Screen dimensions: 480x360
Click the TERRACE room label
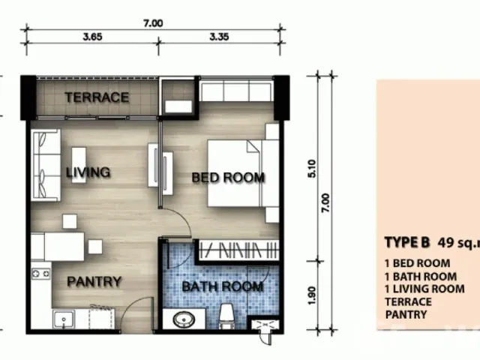97,97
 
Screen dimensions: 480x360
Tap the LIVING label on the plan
88,172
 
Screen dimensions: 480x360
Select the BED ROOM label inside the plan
228,178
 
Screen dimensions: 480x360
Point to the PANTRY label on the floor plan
94,282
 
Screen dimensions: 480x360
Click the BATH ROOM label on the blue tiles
223,286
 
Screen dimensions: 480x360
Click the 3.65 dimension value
92,37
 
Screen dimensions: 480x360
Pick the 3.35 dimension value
219,37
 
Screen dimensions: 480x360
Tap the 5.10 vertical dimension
312,168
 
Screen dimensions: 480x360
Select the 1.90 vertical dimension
312,295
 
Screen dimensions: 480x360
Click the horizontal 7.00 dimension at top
153,23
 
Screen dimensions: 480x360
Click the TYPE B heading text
407,242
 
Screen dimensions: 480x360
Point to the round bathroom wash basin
184,319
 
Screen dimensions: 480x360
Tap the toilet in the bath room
226,316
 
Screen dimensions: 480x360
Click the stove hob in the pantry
40,273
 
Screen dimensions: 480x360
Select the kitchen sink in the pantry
64,319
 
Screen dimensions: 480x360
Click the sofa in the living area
46,165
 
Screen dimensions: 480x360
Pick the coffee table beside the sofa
79,165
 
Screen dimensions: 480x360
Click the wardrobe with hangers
239,250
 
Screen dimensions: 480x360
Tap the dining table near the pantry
64,247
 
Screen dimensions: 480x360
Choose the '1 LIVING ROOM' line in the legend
424,289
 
